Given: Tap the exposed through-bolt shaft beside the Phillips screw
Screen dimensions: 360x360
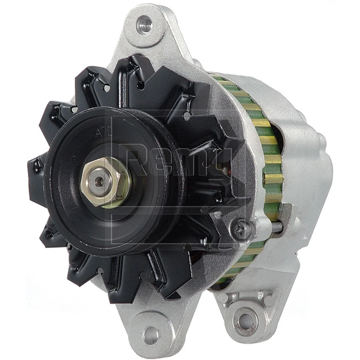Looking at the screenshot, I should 277,226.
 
